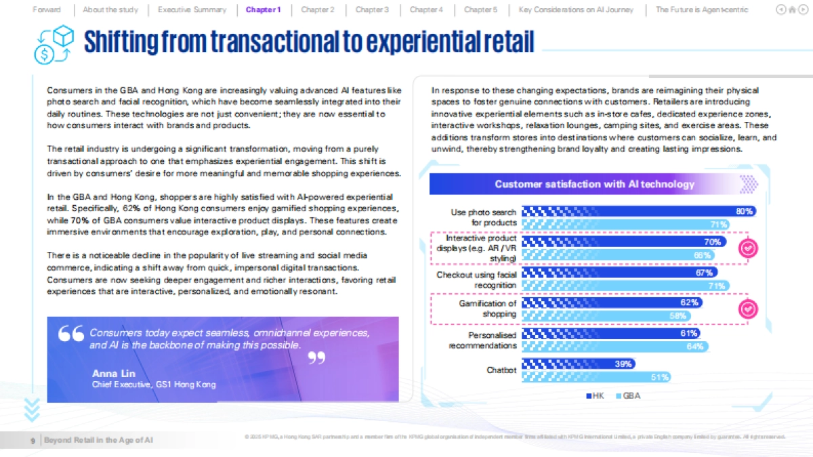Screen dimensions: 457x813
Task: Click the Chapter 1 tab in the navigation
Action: (x=263, y=9)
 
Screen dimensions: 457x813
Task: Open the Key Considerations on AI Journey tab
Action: (x=576, y=9)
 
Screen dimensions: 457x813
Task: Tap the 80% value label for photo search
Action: (x=744, y=211)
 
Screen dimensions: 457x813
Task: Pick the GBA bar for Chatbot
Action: (x=597, y=377)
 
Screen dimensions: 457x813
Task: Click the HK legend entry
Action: (x=595, y=396)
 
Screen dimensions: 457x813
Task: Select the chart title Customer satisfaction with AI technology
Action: (x=594, y=184)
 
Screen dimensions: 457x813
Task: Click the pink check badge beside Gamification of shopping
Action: (x=747, y=309)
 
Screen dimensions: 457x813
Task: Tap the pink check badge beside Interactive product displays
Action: (x=747, y=248)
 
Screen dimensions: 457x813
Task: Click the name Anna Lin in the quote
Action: (x=113, y=374)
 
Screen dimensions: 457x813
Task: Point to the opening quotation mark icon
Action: (x=70, y=334)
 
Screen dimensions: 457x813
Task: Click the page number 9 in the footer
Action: (x=33, y=441)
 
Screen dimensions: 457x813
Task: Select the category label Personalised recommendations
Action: (x=482, y=341)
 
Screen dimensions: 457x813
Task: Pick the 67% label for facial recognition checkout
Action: (x=703, y=273)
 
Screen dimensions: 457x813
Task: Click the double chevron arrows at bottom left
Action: (x=32, y=409)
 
